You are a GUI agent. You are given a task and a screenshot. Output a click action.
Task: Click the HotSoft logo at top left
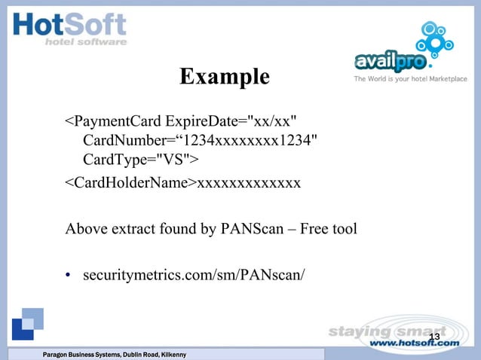coord(70,29)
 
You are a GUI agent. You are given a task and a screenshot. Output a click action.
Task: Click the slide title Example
coord(225,76)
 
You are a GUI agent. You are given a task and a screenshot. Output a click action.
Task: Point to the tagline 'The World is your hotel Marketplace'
coord(411,78)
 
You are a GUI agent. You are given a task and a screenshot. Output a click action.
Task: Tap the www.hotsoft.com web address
coord(416,343)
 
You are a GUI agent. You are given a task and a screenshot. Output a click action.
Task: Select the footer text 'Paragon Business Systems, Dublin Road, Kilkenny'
coord(115,355)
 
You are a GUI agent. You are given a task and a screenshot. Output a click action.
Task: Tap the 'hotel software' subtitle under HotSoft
coord(87,42)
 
